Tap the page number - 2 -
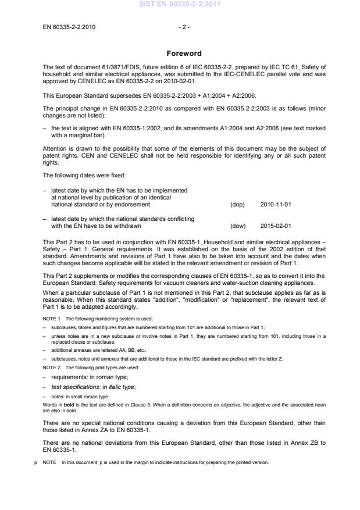click(184, 27)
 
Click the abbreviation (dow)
click(238, 226)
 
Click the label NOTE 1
click(52, 319)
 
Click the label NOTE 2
click(52, 368)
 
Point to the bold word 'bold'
click(67, 401)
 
